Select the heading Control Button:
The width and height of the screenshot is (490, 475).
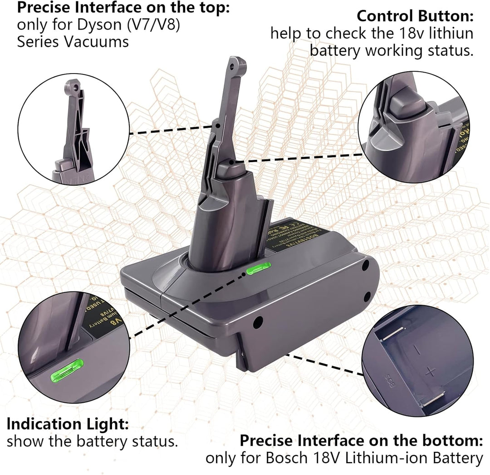tap(415, 16)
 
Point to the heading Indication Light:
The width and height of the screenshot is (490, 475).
tap(68, 424)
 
